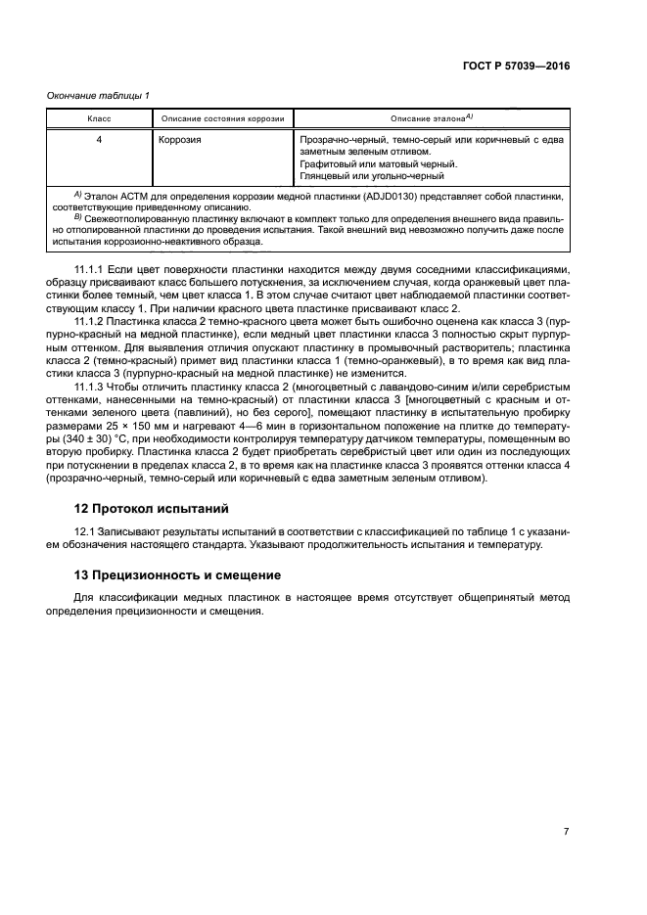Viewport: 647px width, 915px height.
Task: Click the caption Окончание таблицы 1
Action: click(x=98, y=95)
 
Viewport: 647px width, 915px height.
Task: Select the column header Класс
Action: click(x=99, y=118)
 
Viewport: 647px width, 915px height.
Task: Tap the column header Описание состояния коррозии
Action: click(x=222, y=118)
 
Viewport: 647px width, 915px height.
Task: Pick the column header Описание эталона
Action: click(x=432, y=118)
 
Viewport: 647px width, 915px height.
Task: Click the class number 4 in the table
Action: click(x=99, y=140)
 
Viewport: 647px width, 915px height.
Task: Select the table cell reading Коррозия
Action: click(x=180, y=140)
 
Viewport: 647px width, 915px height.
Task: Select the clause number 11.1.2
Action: click(x=91, y=320)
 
